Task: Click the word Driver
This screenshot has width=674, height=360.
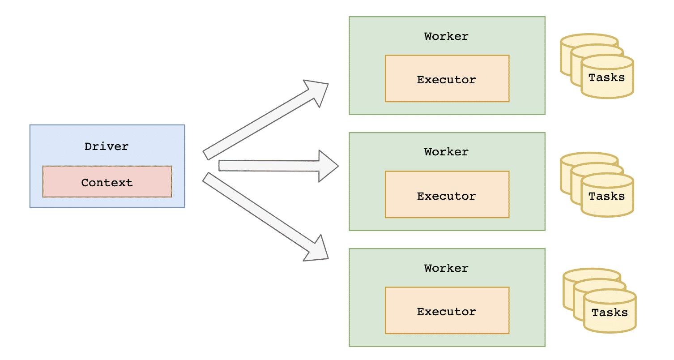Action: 107,146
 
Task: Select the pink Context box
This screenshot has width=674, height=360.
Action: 107,182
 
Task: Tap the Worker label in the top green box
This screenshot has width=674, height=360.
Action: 446,36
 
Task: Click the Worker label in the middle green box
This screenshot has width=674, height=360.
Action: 446,152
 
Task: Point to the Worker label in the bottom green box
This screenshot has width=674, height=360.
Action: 446,268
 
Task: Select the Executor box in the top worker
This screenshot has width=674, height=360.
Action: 447,79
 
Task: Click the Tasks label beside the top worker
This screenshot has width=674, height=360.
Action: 606,77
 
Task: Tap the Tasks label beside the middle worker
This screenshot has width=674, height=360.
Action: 606,196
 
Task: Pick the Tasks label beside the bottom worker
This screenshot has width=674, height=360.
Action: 610,312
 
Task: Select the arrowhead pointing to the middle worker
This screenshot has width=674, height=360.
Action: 327,166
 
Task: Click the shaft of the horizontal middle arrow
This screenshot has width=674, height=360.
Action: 269,166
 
